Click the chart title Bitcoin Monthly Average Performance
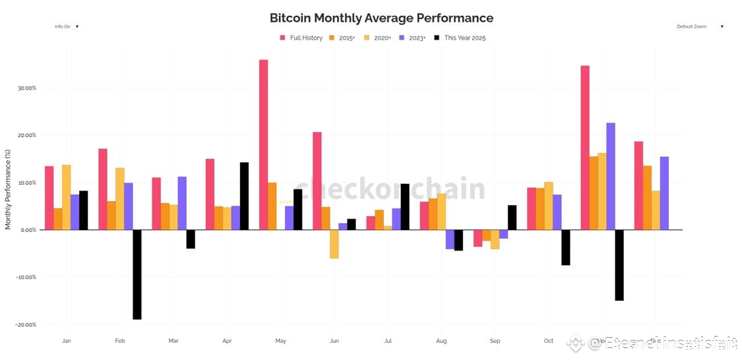tap(381, 18)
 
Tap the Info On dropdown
tap(66, 26)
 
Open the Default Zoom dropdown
tap(699, 26)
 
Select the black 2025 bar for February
tap(137, 274)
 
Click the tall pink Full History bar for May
tap(263, 144)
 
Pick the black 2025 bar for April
tap(244, 196)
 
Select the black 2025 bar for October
tap(566, 247)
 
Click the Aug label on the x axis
tap(441, 341)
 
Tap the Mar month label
tap(173, 341)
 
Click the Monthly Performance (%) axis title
tap(8, 189)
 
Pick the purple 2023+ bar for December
tap(664, 193)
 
